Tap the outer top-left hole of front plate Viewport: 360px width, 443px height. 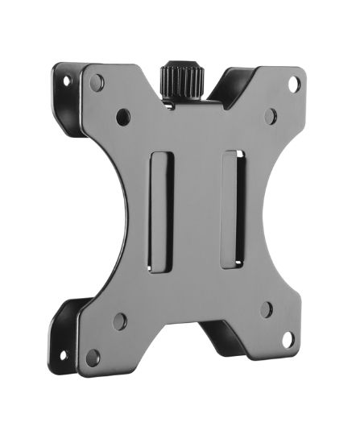[x=97, y=82]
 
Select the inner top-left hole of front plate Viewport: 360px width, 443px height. [x=122, y=117]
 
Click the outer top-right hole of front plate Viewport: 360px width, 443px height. [x=294, y=83]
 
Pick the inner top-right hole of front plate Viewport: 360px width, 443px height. [x=271, y=116]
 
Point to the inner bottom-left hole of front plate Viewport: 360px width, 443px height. [x=120, y=321]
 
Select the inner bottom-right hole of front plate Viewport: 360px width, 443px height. [x=266, y=309]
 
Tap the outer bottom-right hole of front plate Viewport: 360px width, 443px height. [x=288, y=339]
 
